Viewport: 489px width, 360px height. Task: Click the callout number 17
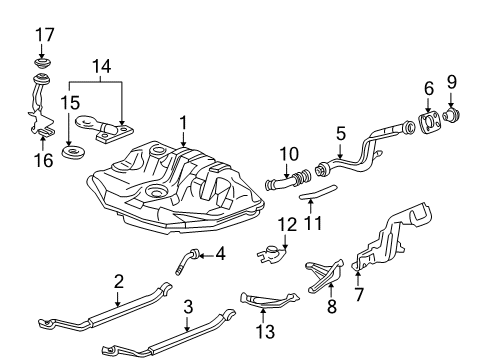click(x=45, y=35)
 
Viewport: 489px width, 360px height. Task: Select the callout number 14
click(x=101, y=66)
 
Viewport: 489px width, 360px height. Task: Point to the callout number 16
click(x=44, y=160)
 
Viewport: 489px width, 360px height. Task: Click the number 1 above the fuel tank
click(x=183, y=123)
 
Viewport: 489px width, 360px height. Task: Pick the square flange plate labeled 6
click(x=429, y=124)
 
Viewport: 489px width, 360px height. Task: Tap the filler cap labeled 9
click(x=452, y=115)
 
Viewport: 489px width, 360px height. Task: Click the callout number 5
click(x=341, y=134)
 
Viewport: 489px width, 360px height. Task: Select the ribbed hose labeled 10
click(x=288, y=180)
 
